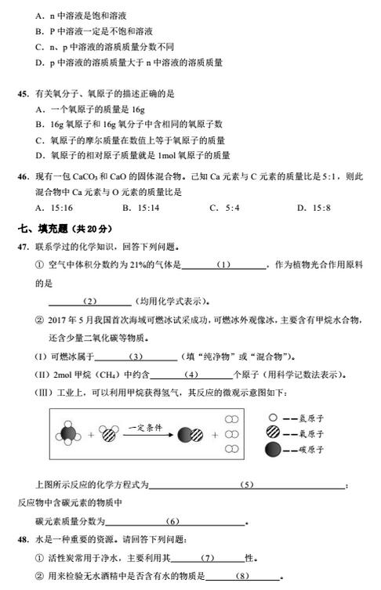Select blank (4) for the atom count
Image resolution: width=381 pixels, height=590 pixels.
[190, 375]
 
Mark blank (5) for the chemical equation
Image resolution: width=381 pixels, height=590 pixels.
[248, 486]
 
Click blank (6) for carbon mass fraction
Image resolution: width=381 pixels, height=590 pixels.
[173, 521]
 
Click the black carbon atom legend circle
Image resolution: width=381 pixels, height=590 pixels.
[272, 450]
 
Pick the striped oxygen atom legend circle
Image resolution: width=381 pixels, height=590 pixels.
[272, 433]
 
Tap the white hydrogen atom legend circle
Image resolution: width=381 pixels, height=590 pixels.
[272, 418]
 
